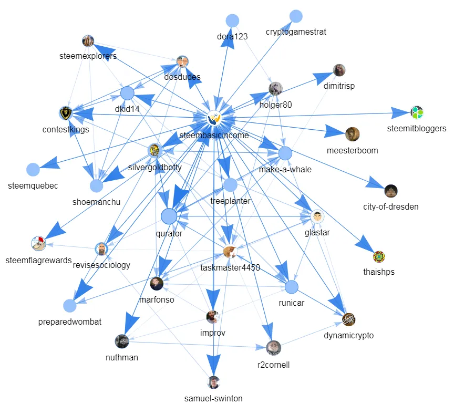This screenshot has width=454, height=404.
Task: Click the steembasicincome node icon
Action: pos(214,119)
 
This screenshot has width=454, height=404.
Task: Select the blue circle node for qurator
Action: pos(169,216)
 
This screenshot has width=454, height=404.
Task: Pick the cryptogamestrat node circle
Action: pos(296,16)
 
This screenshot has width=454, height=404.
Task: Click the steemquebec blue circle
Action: pos(33,169)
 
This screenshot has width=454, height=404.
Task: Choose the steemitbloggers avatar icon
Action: pos(417,112)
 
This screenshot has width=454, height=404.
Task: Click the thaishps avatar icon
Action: pos(379,256)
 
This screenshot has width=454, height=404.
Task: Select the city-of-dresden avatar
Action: pos(390,190)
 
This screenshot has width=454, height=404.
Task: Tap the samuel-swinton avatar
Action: pos(213,382)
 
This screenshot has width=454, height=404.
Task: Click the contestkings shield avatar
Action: pos(65,112)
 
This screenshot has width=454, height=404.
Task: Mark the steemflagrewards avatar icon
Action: pos(38,243)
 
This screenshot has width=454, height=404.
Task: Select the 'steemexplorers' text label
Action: pos(88,56)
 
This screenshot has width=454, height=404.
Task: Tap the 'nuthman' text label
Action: pos(121,357)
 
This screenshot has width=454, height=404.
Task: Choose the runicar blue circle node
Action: pos(292,287)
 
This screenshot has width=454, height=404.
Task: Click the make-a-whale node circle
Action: pos(285,153)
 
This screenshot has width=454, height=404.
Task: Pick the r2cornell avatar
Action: pos(273,347)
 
